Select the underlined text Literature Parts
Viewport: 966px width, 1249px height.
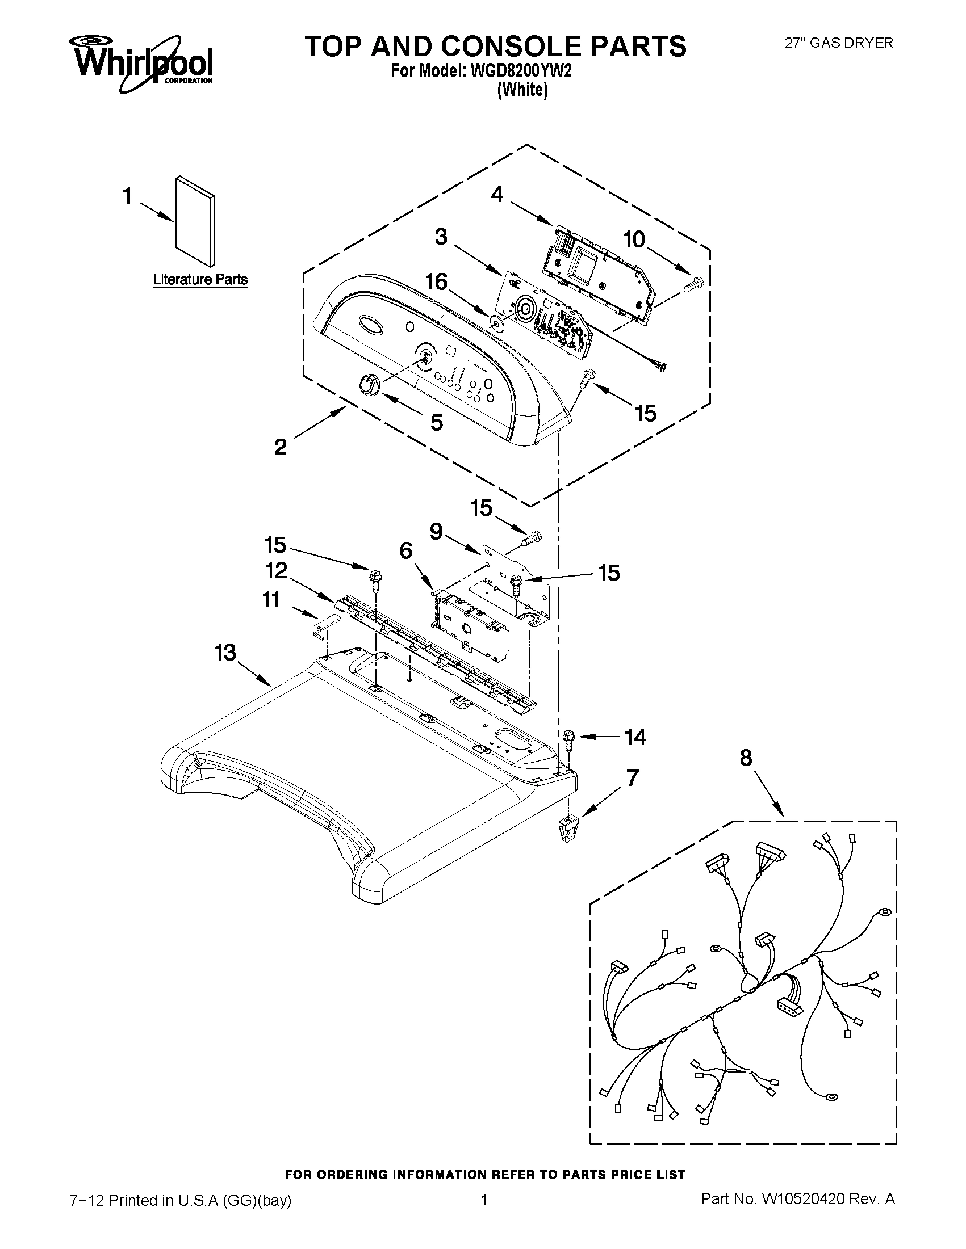point(200,280)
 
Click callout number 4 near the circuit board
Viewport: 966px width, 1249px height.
point(497,195)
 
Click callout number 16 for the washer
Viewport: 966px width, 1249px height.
point(436,282)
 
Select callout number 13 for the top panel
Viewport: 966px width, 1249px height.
point(225,652)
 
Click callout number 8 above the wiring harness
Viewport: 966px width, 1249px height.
point(746,758)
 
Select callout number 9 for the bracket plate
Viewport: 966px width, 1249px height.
point(436,532)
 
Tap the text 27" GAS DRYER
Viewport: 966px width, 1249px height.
point(838,43)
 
